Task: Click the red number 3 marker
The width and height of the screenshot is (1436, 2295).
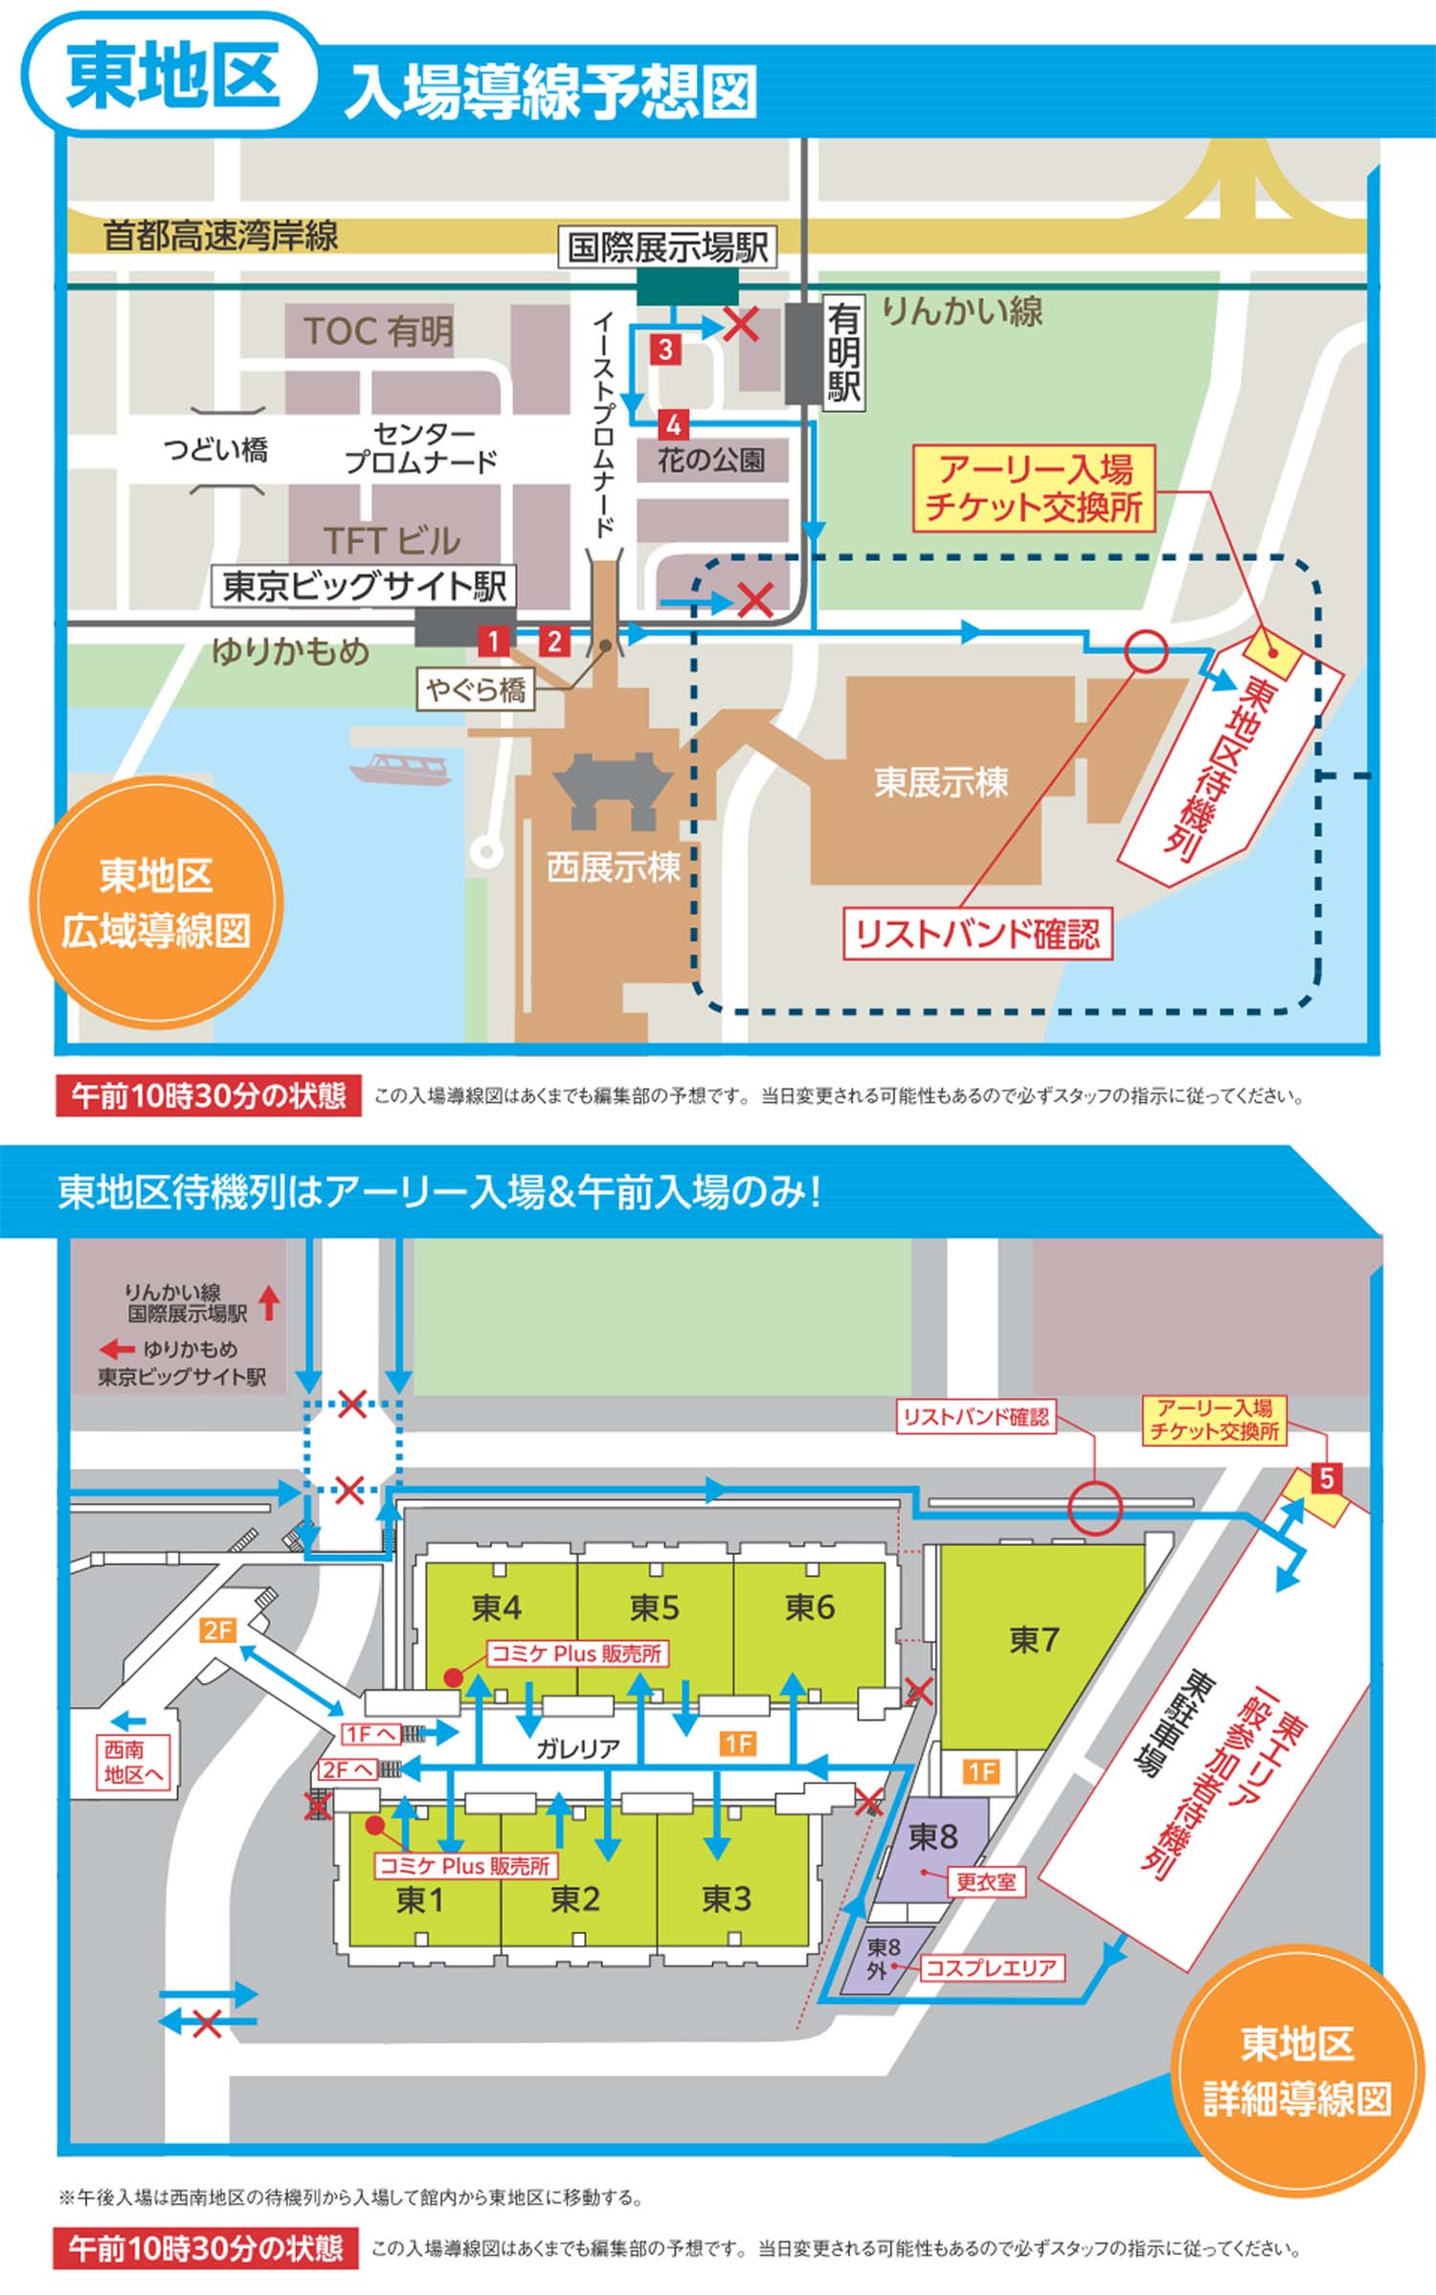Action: [x=666, y=349]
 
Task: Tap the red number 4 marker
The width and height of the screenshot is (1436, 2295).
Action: [x=673, y=424]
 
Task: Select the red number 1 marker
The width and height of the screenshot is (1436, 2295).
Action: [x=493, y=641]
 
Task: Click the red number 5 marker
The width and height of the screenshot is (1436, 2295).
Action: [x=1326, y=1478]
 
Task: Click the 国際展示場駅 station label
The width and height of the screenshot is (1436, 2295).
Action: [x=667, y=247]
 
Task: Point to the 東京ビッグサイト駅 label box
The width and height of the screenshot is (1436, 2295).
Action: [x=364, y=586]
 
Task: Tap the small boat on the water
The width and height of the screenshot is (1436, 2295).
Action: [x=400, y=768]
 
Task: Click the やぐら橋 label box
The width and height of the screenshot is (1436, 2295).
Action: [x=476, y=689]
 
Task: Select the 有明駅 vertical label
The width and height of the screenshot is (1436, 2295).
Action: [x=843, y=353]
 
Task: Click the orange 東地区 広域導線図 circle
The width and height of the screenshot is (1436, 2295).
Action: [x=156, y=903]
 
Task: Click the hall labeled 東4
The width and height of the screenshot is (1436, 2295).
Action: [x=496, y=1608]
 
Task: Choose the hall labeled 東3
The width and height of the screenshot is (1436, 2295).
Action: [x=727, y=1899]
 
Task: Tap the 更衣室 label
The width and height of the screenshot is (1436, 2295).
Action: [x=986, y=1881]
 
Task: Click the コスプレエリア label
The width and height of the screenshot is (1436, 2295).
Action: [x=991, y=1968]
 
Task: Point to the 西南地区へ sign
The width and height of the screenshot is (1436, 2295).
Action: [x=133, y=1762]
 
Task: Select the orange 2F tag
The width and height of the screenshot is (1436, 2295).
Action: [x=218, y=1630]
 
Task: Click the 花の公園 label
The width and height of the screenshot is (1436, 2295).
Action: [x=710, y=461]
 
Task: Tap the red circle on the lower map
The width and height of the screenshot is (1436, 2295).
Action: [x=1094, y=1508]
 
